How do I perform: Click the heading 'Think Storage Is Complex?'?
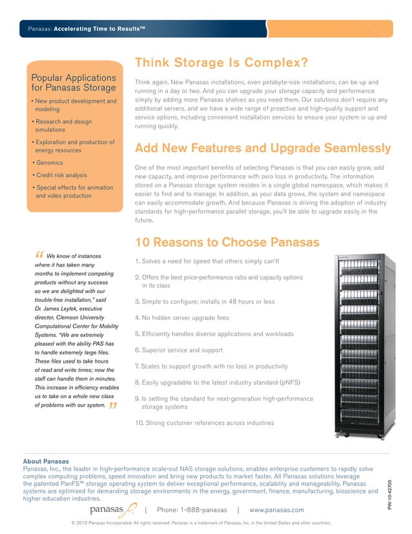[220, 63]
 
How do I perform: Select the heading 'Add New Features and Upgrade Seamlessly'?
[262, 148]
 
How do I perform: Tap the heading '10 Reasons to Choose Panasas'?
[227, 242]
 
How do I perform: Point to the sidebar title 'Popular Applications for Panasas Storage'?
[74, 83]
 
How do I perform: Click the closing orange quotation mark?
[113, 406]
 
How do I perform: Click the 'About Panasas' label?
[45, 461]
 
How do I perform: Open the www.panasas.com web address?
[276, 510]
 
